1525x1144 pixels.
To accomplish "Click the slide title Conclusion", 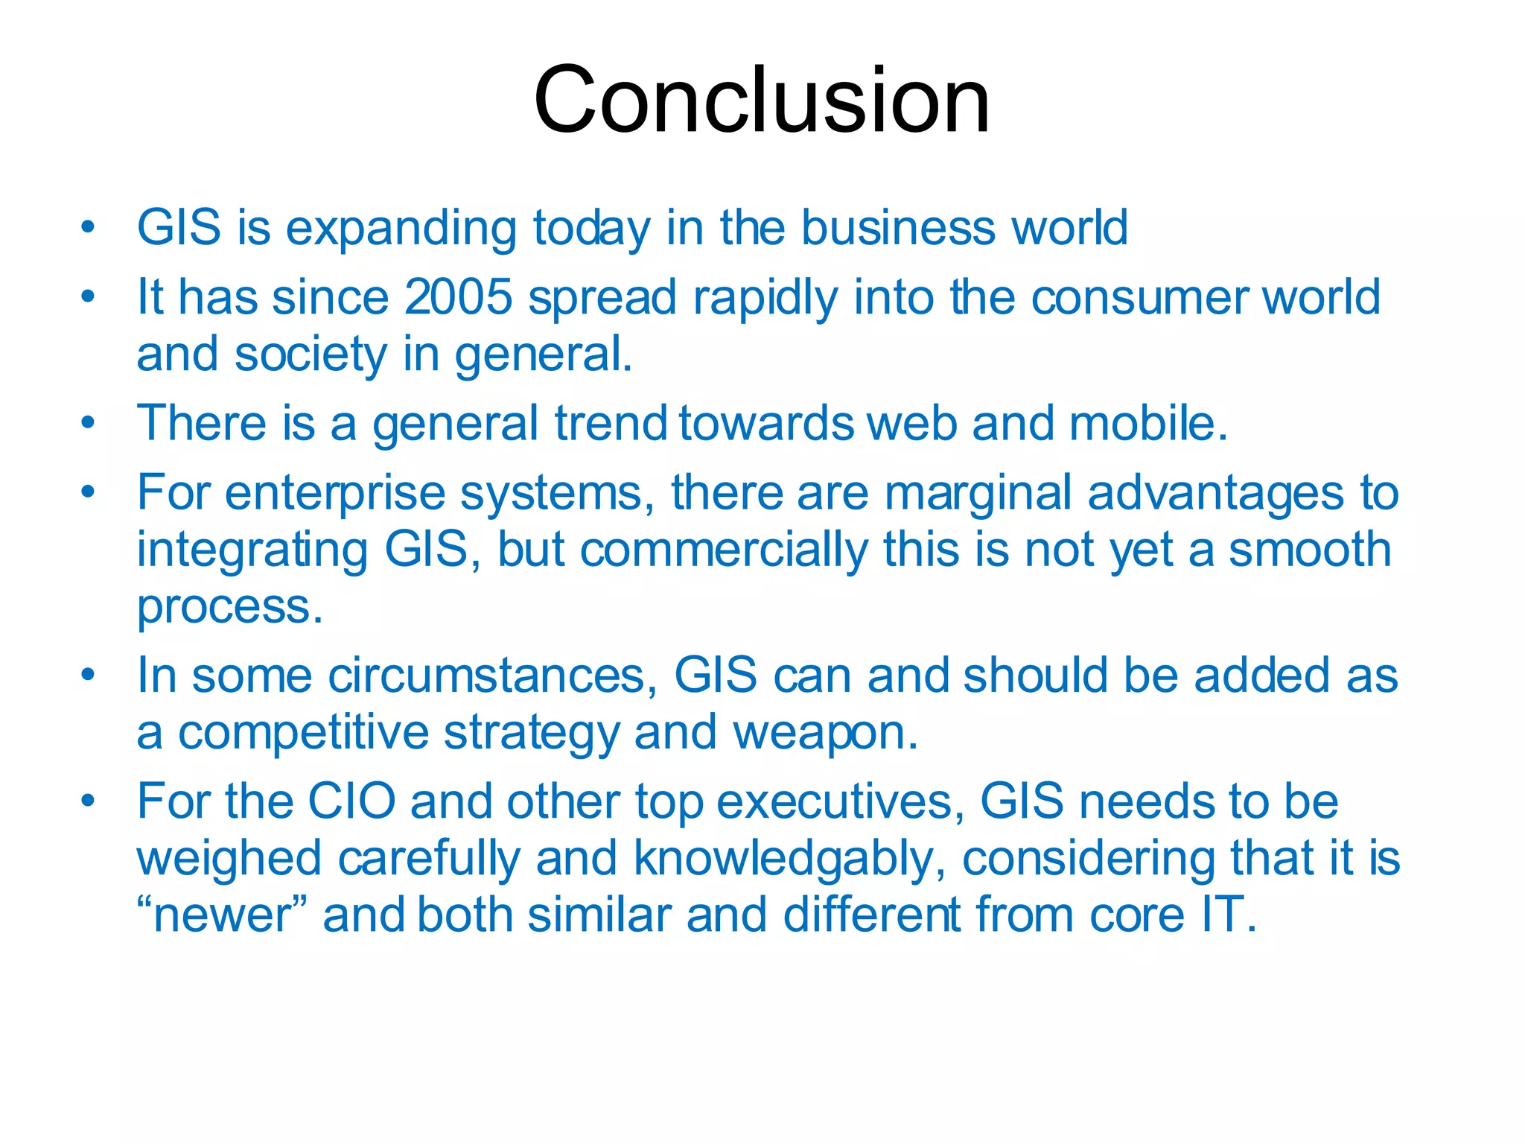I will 762,100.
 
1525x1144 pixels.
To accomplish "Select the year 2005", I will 458,297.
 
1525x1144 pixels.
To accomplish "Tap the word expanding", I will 401,229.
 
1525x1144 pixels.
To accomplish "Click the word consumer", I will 1138,297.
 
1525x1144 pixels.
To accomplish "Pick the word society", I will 311,355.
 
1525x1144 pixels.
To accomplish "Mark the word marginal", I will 978,493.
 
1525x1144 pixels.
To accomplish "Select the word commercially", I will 724,550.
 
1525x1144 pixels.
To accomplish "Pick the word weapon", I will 825,734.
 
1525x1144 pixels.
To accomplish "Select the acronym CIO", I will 351,802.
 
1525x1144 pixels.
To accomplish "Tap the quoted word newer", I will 222,916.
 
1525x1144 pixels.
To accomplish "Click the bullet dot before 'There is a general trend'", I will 89,422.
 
